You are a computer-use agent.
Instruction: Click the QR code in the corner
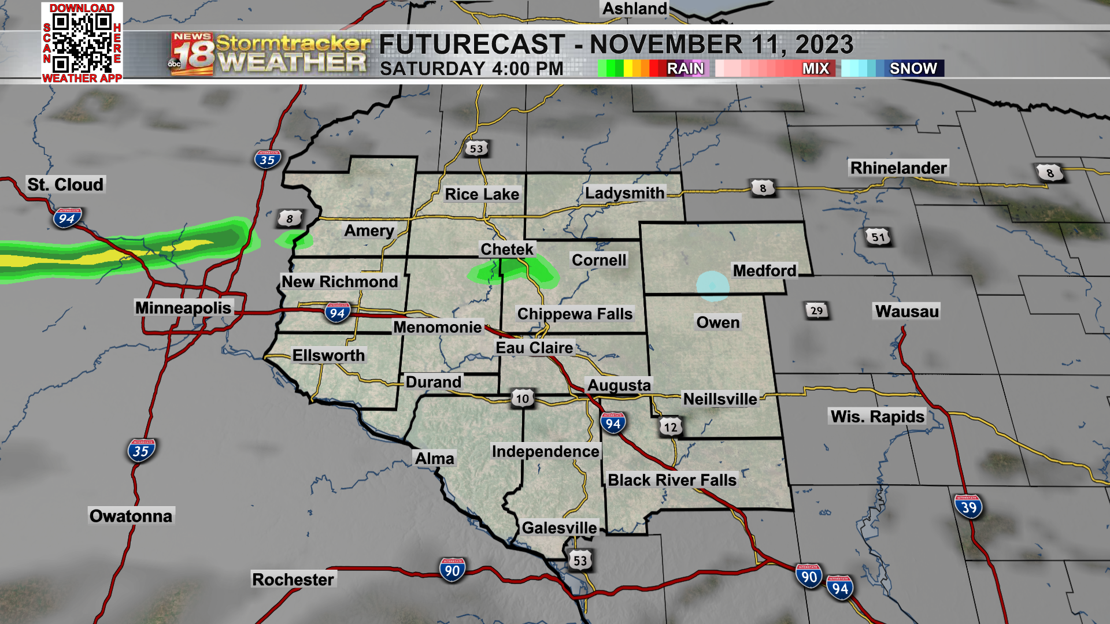[82, 42]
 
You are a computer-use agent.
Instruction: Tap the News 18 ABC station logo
[192, 54]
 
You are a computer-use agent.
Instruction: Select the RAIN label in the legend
[685, 68]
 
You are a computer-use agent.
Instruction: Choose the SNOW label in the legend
[913, 68]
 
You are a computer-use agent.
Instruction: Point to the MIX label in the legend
[815, 68]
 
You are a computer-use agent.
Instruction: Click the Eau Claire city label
[534, 348]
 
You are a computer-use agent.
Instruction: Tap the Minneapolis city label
[183, 307]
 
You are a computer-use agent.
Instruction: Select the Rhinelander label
[898, 168]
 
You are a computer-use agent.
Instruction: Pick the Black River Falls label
[672, 480]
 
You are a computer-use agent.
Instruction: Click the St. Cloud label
[65, 184]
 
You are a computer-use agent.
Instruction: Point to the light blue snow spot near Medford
[712, 286]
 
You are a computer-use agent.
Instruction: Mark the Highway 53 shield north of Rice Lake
[476, 148]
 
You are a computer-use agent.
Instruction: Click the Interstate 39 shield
[968, 507]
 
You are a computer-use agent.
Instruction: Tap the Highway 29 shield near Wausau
[816, 311]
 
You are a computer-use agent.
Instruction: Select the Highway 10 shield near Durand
[522, 398]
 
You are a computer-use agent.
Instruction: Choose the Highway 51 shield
[878, 237]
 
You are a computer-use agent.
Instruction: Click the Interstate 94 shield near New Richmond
[337, 313]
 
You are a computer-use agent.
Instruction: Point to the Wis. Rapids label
[877, 417]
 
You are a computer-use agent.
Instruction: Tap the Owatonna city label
[131, 516]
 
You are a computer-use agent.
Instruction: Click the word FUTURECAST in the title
[472, 44]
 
